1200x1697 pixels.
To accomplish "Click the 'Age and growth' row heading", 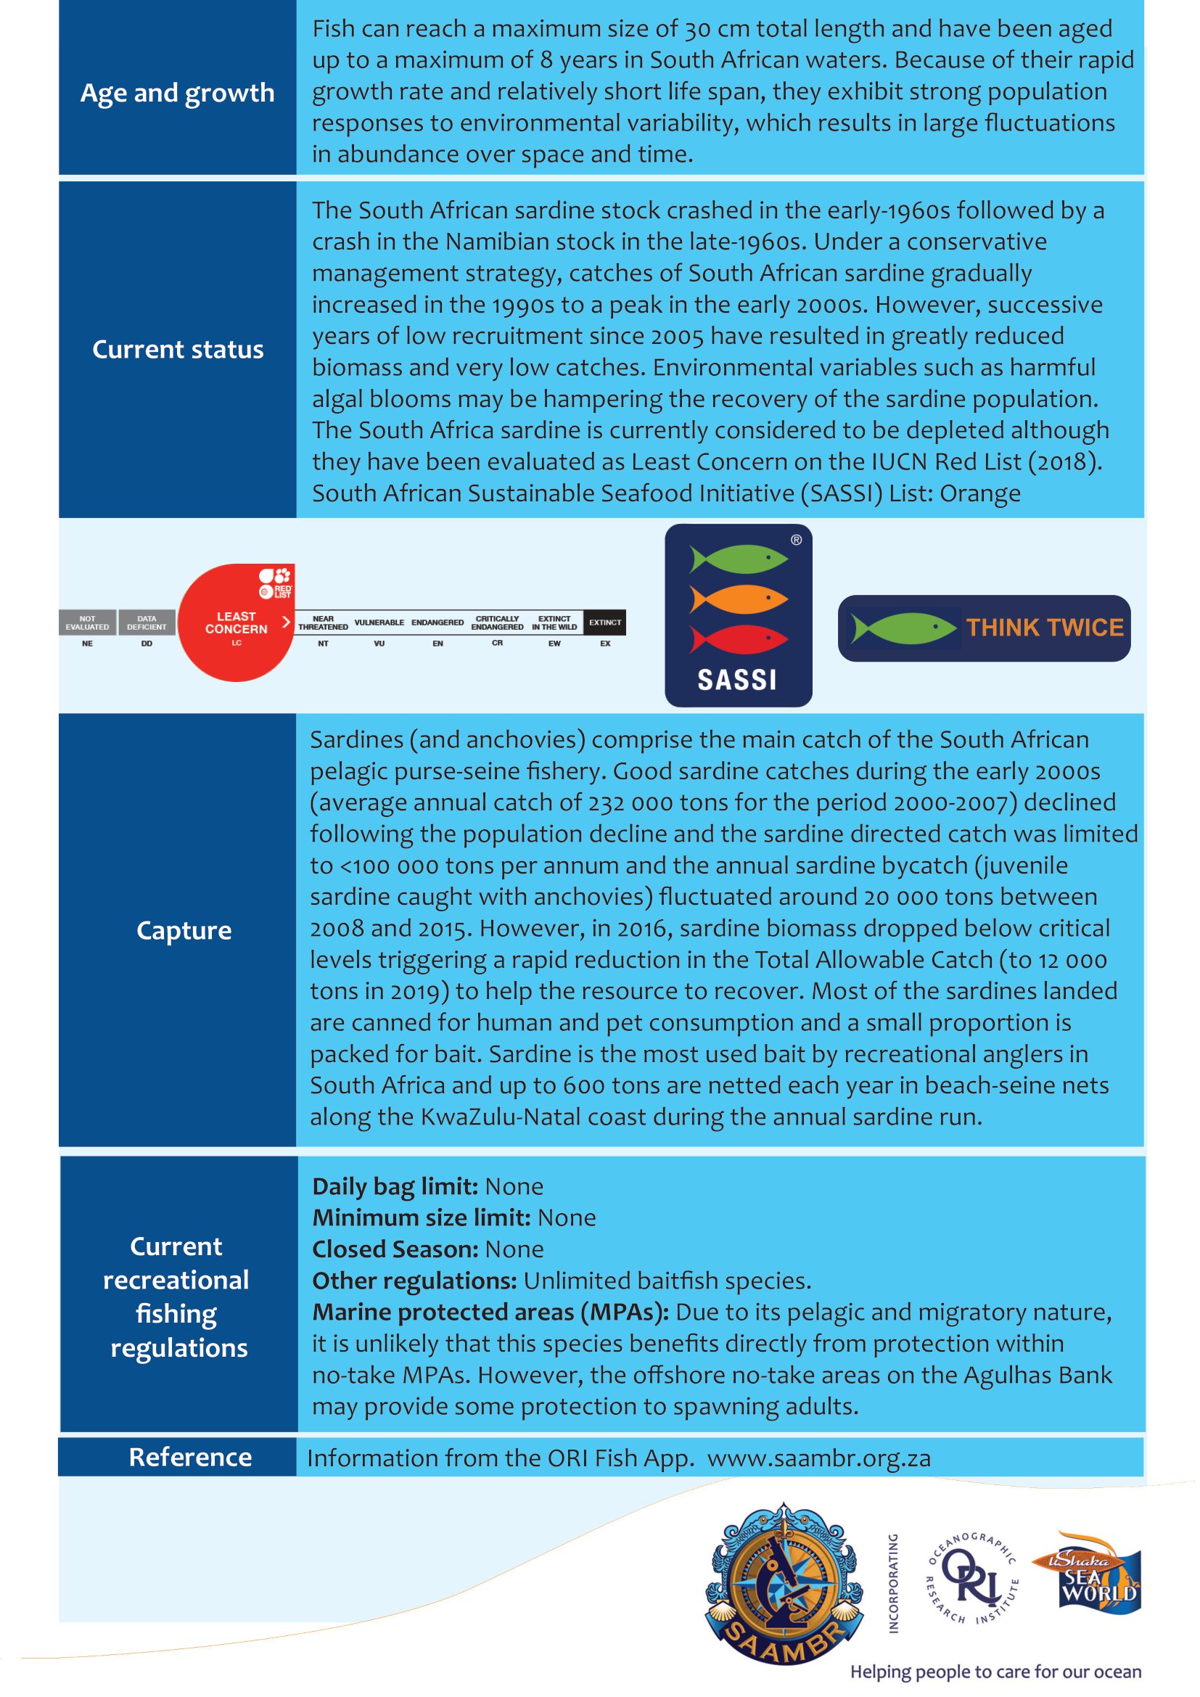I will tap(177, 93).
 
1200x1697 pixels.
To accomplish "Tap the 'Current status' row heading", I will tap(177, 349).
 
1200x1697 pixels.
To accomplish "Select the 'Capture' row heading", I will tap(184, 930).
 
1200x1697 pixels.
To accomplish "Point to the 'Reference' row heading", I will tap(190, 1457).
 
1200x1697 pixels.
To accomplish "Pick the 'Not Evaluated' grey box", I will tap(87, 622).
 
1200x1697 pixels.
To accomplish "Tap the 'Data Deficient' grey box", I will tap(147, 622).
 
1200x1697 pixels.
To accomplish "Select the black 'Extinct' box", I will tap(604, 622).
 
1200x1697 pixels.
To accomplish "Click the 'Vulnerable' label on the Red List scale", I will tap(379, 622).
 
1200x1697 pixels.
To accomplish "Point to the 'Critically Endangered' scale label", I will tap(497, 622).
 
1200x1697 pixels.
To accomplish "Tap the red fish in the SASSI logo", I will tap(738, 638).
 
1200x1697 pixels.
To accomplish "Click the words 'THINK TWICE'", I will tap(1045, 628).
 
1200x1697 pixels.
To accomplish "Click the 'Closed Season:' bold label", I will tap(395, 1249).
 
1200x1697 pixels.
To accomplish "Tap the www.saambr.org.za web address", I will tap(818, 1458).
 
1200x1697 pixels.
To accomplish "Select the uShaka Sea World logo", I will tap(1096, 1574).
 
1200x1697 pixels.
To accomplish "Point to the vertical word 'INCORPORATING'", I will tap(893, 1582).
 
